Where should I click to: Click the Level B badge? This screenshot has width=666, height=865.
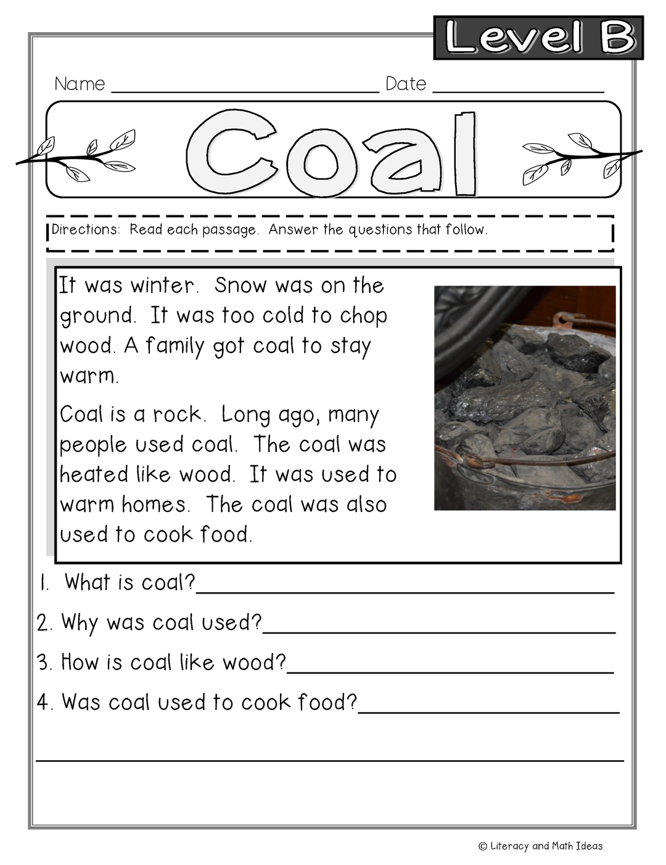(x=538, y=38)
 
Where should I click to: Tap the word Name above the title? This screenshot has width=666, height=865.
(x=80, y=84)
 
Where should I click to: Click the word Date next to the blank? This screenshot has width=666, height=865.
(x=406, y=84)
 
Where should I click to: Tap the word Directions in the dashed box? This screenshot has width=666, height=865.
(x=85, y=230)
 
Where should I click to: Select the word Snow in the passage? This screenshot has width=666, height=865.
(x=241, y=286)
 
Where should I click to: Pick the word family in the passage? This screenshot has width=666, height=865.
(x=175, y=346)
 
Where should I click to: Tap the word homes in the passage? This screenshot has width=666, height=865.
(x=154, y=505)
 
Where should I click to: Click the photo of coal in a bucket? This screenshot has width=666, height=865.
(x=525, y=398)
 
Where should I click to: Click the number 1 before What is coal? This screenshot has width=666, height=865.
(x=43, y=583)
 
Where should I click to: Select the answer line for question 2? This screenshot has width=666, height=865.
(x=438, y=631)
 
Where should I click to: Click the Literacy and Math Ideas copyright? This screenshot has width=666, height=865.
(x=541, y=846)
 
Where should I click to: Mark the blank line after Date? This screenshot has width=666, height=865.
(x=518, y=91)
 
